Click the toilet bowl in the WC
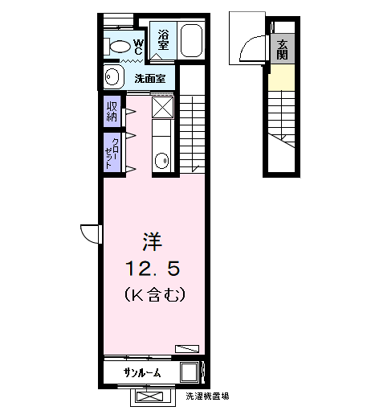[120, 47]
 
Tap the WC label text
[138, 47]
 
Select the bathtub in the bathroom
[191, 40]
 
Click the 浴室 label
[163, 39]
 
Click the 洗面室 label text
[150, 79]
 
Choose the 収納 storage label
[112, 111]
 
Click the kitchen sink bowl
[161, 161]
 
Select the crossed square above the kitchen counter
[163, 107]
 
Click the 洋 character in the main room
[153, 242]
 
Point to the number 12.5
[153, 269]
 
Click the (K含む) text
[155, 294]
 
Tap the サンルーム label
[142, 372]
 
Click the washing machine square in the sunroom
[190, 372]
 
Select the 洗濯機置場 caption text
[207, 396]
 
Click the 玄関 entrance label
[282, 49]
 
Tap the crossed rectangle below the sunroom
[149, 396]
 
